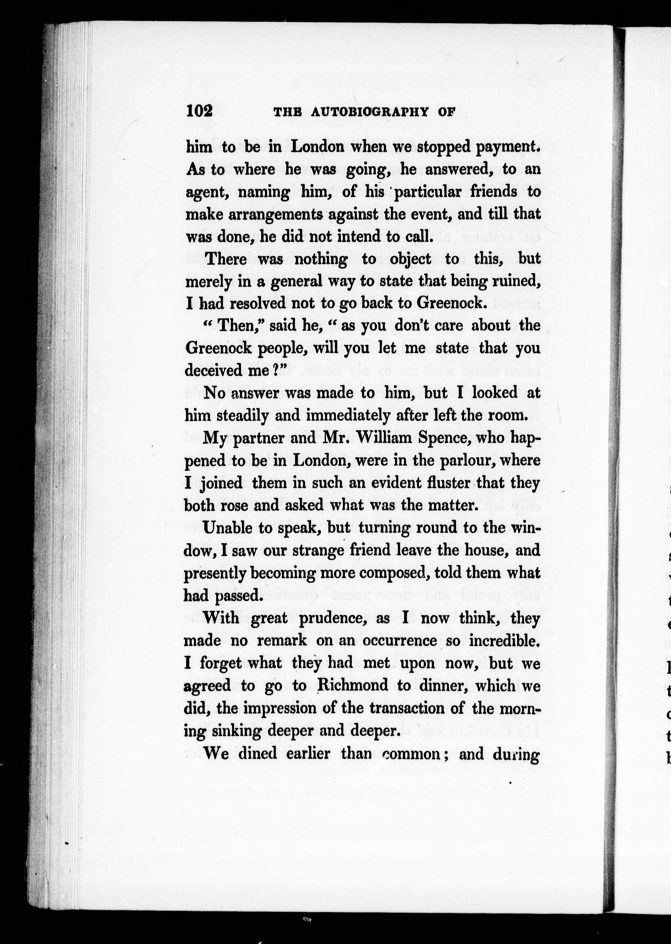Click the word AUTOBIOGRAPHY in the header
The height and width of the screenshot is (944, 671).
369,112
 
